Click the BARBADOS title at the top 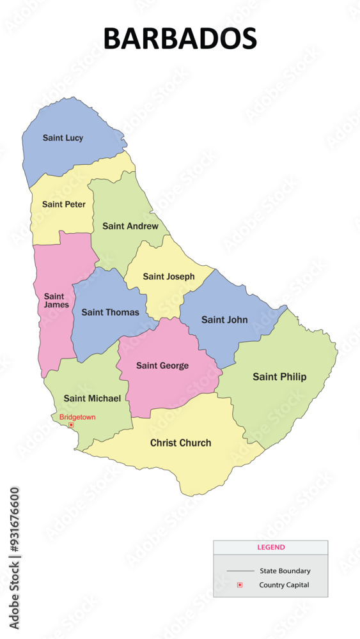180,39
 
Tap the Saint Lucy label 63,137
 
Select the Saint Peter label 63,204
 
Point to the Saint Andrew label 130,226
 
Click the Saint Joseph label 168,277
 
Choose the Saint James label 54,300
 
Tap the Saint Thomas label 110,312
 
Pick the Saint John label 224,319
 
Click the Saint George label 162,366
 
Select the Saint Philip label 279,377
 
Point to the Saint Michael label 92,398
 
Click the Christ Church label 180,443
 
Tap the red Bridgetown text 77,417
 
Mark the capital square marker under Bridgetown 71,425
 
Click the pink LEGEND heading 271,548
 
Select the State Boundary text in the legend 285,571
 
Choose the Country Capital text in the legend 284,585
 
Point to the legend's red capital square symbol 240,585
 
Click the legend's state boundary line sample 240,571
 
